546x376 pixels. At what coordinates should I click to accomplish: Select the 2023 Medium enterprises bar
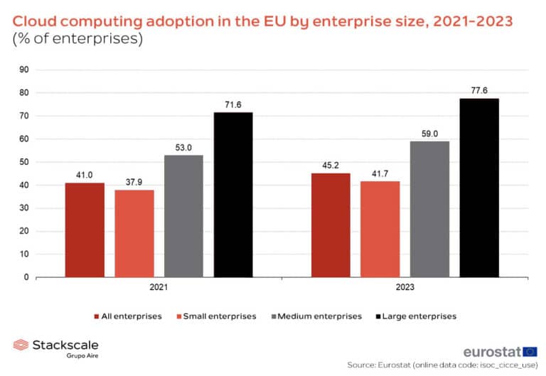pyautogui.click(x=429, y=209)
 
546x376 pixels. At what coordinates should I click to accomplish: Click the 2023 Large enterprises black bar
pyautogui.click(x=479, y=188)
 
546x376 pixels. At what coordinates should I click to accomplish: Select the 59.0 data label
pyautogui.click(x=429, y=133)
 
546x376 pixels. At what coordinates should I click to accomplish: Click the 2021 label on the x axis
pyautogui.click(x=159, y=289)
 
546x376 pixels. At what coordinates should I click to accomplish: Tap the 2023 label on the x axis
pyautogui.click(x=405, y=289)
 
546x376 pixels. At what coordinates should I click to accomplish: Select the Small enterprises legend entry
pyautogui.click(x=219, y=316)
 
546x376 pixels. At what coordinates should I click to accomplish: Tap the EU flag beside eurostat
pyautogui.click(x=530, y=351)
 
